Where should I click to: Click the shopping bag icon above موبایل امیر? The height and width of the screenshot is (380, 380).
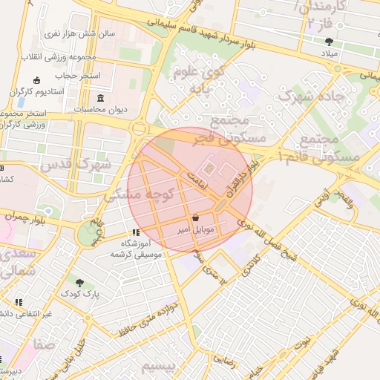click(195, 218)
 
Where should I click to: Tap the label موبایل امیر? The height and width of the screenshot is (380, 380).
click(195, 230)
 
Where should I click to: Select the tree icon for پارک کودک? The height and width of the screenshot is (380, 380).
click(79, 282)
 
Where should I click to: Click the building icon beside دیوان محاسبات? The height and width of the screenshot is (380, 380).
click(101, 99)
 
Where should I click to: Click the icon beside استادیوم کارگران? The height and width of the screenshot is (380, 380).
click(38, 81)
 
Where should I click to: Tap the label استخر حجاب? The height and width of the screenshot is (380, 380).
click(71, 76)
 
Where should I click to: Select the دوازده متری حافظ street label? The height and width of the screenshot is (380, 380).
click(149, 317)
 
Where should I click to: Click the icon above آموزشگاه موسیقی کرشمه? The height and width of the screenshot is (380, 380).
click(135, 232)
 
